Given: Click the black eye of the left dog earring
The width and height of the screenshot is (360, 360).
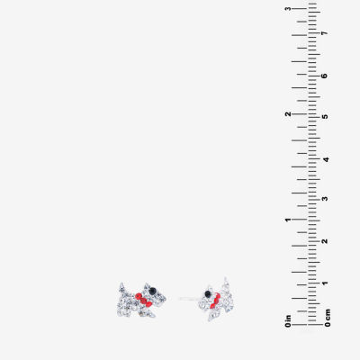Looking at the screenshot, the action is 153,291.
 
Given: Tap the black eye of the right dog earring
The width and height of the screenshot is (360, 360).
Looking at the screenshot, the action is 207,293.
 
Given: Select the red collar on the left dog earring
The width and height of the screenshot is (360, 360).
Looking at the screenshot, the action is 144,301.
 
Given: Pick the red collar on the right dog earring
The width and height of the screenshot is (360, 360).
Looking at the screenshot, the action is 215,301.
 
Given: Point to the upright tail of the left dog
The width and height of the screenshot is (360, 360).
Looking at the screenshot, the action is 121,287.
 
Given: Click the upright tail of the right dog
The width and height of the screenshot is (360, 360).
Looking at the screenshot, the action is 226,283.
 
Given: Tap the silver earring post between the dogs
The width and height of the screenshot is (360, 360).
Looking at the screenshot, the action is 188,299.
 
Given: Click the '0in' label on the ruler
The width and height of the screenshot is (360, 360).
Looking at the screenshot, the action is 288,321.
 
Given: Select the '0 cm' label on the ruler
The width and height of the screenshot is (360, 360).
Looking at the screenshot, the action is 328,318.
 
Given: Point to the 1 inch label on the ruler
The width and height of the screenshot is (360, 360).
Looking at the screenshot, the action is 288,220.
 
